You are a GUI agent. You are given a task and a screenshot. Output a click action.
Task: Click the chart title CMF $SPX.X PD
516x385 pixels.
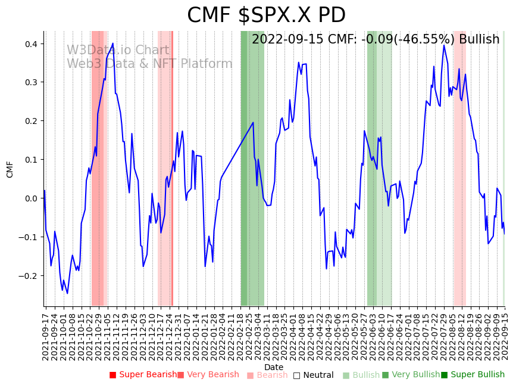click(x=266, y=15)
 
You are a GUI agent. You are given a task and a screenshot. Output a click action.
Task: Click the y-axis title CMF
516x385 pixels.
click(x=10, y=169)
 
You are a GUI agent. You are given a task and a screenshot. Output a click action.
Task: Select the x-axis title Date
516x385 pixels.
click(x=274, y=367)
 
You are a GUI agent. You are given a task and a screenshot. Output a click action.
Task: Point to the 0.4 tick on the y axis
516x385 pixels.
click(x=31, y=44)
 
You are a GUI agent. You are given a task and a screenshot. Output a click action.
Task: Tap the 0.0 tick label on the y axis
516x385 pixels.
click(x=31, y=198)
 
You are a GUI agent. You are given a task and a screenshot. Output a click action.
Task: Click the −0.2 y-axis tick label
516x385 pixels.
click(x=29, y=276)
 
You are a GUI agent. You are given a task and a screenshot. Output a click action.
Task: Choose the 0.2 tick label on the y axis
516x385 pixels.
click(x=31, y=121)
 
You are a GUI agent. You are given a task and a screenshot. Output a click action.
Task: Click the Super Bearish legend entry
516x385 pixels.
click(x=143, y=375)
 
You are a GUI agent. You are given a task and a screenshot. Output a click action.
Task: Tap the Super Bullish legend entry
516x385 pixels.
click(x=473, y=375)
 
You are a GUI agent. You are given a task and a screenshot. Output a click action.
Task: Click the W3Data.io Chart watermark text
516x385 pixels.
click(x=118, y=51)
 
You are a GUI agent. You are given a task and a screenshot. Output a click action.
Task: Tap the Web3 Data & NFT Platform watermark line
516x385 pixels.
click(x=149, y=64)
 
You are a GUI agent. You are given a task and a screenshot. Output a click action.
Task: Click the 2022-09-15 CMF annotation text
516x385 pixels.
click(x=376, y=39)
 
